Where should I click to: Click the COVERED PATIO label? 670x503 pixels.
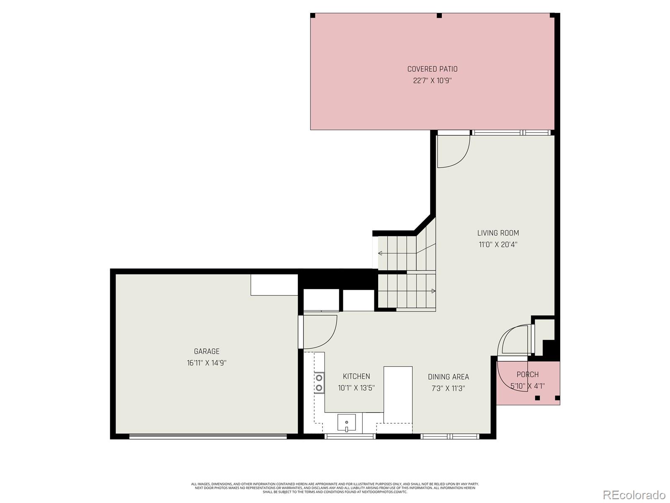click(x=432, y=69)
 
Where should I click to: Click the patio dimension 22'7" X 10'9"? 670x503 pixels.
click(x=432, y=80)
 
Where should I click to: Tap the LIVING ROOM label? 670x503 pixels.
click(x=498, y=233)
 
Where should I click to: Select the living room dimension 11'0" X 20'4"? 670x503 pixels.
click(x=498, y=244)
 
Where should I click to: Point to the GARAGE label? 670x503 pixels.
click(x=206, y=351)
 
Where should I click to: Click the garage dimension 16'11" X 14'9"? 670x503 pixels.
click(x=206, y=363)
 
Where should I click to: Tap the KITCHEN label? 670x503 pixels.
click(x=356, y=376)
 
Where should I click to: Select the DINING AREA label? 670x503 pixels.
click(x=448, y=377)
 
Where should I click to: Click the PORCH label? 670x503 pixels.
click(x=527, y=374)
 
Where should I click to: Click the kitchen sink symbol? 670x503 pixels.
click(x=346, y=423)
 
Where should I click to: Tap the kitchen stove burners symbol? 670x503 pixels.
click(x=319, y=382)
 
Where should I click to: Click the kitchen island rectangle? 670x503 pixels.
click(x=398, y=394)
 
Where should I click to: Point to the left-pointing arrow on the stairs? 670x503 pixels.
click(x=380, y=253)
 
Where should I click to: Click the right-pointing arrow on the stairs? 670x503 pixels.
click(x=433, y=291)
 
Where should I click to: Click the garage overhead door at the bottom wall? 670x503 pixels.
click(x=208, y=436)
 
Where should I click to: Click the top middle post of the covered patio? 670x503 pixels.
click(x=439, y=16)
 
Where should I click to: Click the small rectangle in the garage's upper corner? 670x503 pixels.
click(x=274, y=285)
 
